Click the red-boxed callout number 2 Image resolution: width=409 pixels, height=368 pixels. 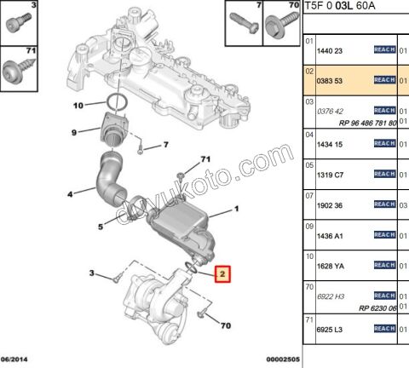point(221,275)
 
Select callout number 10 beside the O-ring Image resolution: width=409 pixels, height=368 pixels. point(78,106)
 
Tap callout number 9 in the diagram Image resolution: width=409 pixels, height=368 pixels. point(74,132)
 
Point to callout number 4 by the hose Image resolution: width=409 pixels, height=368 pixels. point(70,195)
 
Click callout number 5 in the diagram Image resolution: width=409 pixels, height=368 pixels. point(100,227)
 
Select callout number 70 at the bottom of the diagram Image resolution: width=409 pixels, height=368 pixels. point(225,326)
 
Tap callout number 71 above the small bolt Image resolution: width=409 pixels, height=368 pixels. point(204,159)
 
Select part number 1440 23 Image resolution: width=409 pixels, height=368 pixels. point(330,50)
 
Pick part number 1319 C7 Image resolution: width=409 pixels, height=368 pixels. point(330,175)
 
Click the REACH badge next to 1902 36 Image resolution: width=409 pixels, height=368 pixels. point(384,204)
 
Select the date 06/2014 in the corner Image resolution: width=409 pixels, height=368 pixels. point(16,359)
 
